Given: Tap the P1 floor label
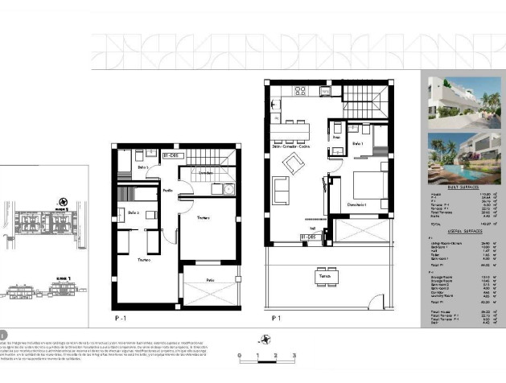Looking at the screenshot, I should pyautogui.click(x=276, y=318).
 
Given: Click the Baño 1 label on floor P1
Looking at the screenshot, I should pyautogui.click(x=358, y=142).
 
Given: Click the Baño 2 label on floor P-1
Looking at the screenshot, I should pyautogui.click(x=134, y=213).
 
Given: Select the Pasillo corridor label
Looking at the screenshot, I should pyautogui.click(x=168, y=191).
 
